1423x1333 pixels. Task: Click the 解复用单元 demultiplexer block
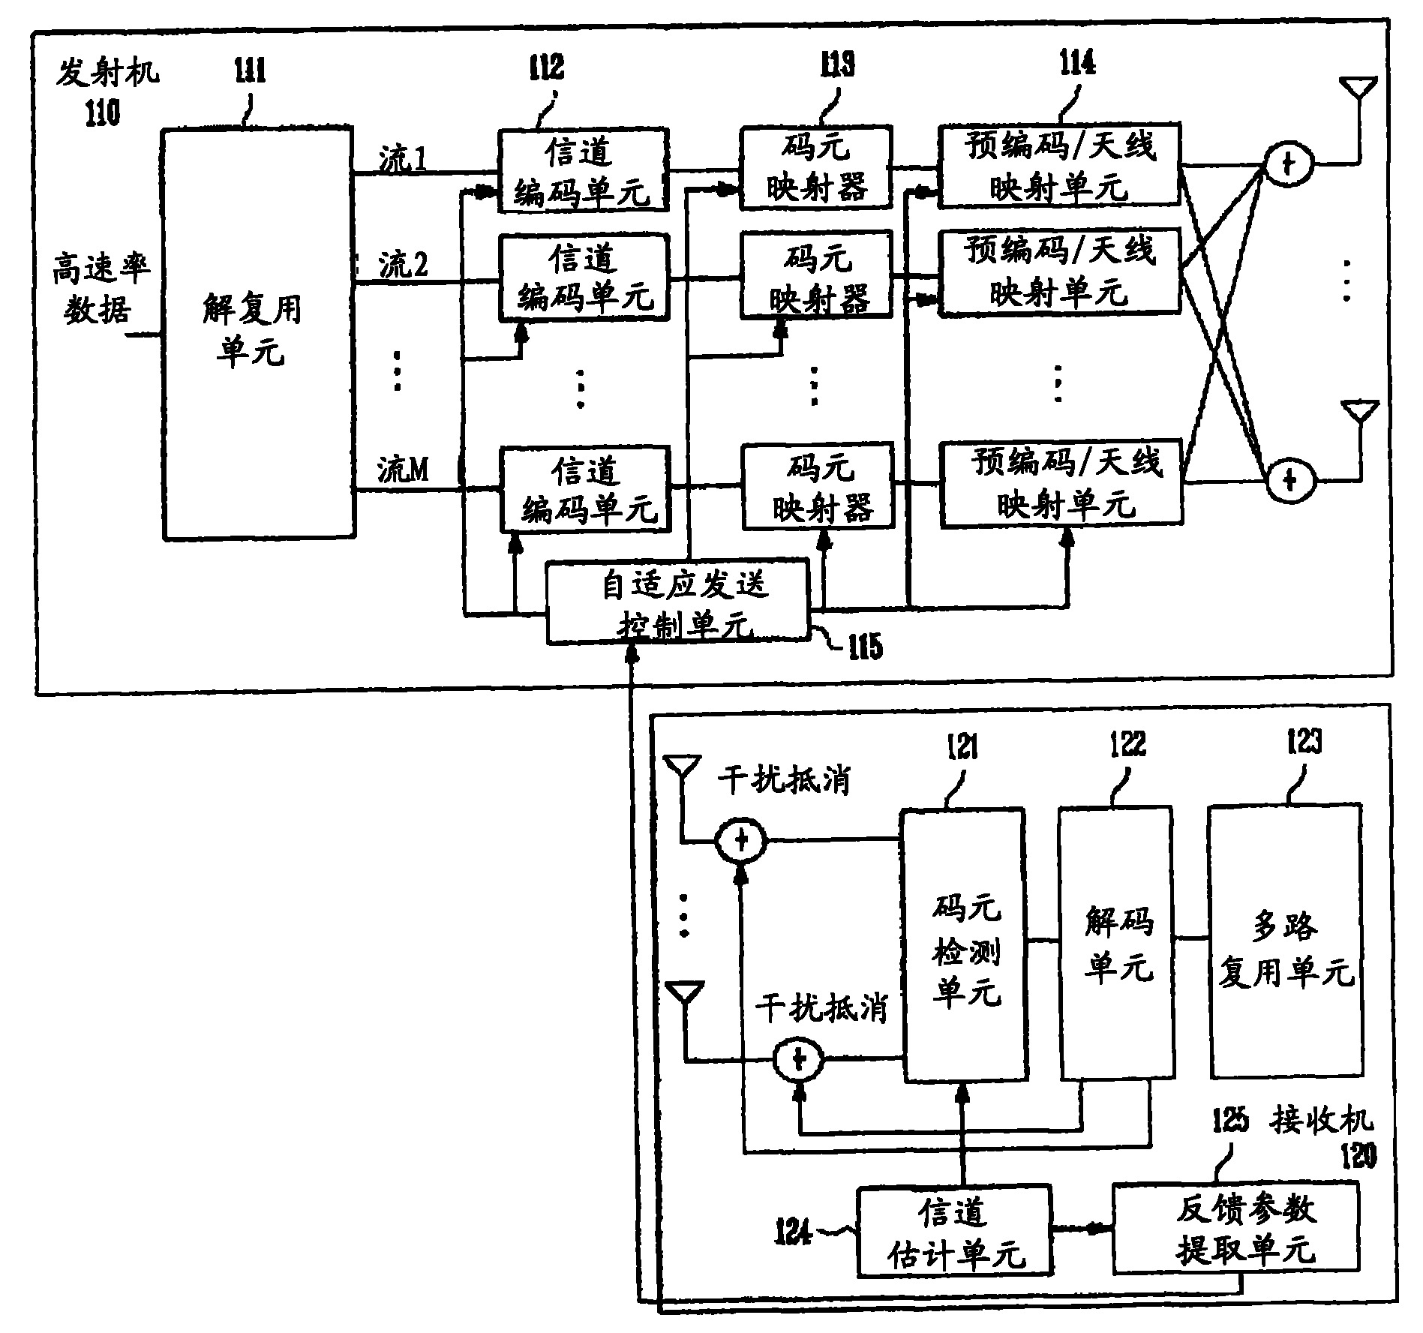click(257, 334)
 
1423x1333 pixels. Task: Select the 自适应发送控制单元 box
click(678, 601)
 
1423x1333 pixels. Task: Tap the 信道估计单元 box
click(954, 1229)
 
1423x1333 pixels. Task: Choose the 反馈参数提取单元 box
click(1235, 1227)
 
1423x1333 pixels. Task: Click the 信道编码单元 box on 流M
click(584, 490)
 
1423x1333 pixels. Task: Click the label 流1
click(402, 160)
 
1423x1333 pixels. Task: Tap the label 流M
click(403, 471)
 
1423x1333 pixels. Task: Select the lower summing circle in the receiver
click(798, 1059)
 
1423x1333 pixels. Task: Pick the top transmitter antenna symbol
click(1358, 90)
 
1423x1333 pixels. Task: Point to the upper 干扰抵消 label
click(783, 781)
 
